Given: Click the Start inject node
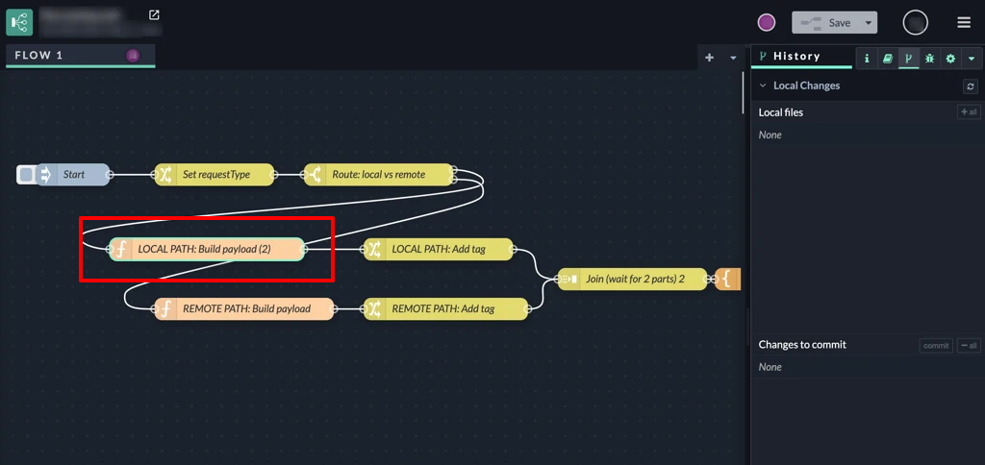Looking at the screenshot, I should point(75,175).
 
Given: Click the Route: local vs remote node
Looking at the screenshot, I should point(378,175).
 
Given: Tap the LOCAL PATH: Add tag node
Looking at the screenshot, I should point(438,250).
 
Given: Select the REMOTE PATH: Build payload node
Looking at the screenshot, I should point(245,309).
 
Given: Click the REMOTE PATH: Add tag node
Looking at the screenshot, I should point(445,309).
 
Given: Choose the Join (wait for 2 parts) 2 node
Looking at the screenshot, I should point(633,280).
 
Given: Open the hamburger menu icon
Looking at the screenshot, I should point(964,22).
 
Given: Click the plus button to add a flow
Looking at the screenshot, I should point(709,58).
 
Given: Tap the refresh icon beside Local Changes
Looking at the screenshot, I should point(971,86).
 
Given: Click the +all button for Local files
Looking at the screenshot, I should point(969,112).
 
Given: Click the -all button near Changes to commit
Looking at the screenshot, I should point(969,346).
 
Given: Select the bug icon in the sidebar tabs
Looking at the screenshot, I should point(929,59).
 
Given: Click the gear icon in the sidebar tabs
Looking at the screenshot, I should point(950,59).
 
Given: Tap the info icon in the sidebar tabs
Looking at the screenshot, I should point(867,59).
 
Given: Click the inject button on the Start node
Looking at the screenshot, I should point(27,175).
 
